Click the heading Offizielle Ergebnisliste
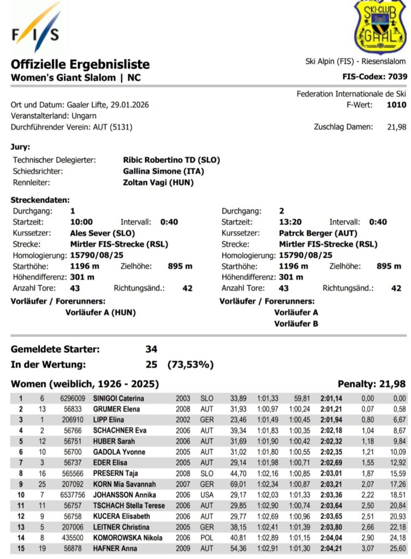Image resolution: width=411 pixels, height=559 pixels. pos(80,64)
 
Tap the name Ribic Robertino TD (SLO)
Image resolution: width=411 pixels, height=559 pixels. pos(172,160)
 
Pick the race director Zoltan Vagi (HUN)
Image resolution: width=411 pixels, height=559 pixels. pos(158,182)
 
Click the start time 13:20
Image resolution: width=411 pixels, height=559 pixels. pos(290,222)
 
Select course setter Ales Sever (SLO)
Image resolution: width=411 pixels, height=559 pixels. pos(103,233)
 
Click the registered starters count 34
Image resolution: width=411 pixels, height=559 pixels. pos(151,349)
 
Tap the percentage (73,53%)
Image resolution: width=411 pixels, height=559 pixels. pos(190,364)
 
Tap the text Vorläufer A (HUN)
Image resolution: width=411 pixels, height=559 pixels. pos(100,313)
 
